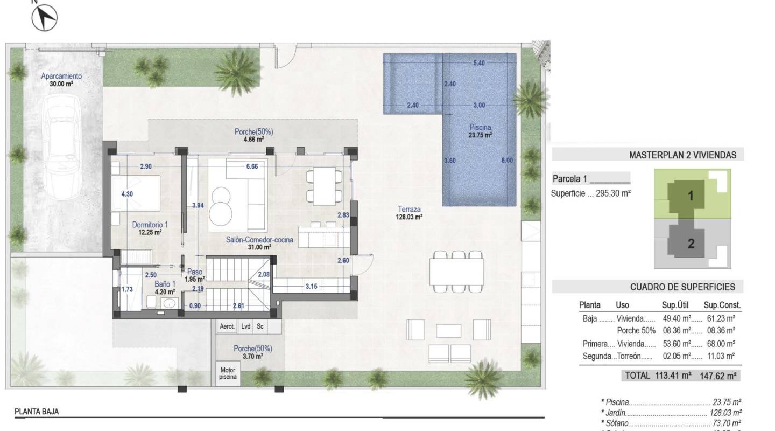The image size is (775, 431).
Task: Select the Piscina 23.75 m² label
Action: (x=480, y=131)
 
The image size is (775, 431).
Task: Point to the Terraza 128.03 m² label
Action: (x=410, y=213)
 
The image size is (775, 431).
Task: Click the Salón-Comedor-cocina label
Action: (x=259, y=244)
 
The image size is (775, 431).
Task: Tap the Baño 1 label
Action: (x=165, y=288)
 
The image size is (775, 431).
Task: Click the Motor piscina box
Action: (x=228, y=373)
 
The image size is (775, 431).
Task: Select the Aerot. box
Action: (x=227, y=326)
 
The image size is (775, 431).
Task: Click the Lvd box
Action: (x=246, y=326)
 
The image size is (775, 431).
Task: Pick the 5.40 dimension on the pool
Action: (x=478, y=63)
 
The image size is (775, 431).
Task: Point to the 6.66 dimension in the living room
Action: (x=252, y=166)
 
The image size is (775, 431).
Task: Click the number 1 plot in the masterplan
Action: (x=691, y=197)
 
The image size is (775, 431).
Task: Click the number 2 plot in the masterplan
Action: (x=691, y=244)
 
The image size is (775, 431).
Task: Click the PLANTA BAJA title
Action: (x=37, y=412)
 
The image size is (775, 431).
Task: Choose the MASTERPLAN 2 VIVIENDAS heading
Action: (x=682, y=155)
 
